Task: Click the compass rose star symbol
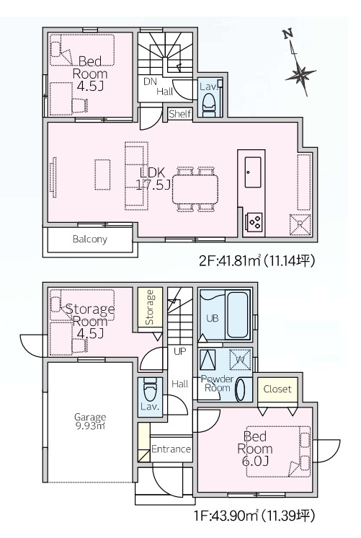[300, 74]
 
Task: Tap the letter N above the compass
[288, 34]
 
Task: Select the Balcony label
[90, 239]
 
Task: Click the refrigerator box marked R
[300, 225]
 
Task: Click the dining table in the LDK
[195, 189]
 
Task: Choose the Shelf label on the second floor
[180, 113]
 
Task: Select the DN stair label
[150, 81]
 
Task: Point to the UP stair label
[179, 351]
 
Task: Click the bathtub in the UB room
[237, 314]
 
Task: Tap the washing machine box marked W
[241, 360]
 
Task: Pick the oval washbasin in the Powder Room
[241, 389]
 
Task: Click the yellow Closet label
[277, 389]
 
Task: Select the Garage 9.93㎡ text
[90, 421]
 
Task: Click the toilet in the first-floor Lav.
[150, 389]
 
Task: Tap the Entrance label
[171, 449]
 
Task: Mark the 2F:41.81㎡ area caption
[257, 261]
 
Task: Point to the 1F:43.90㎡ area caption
[254, 515]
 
